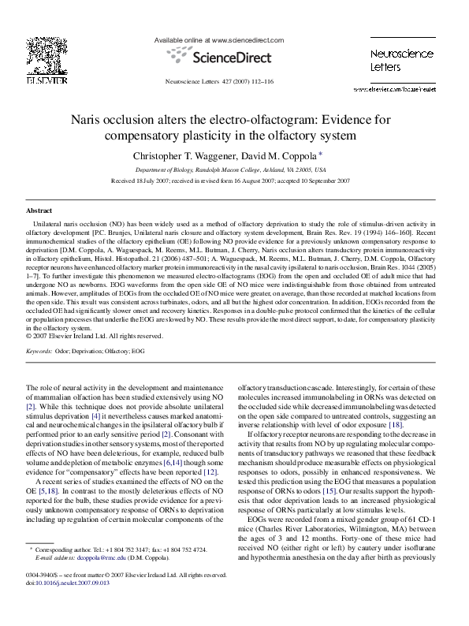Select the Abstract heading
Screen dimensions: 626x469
(39, 211)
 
